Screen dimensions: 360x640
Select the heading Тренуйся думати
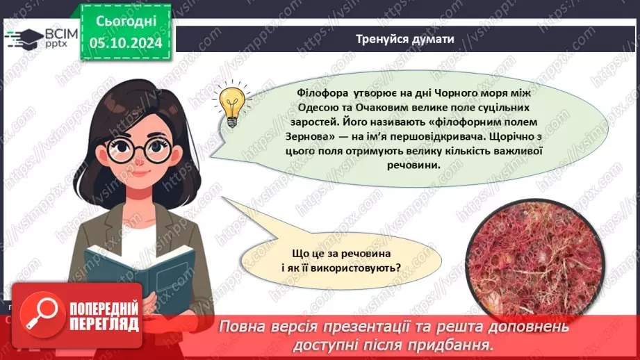point(405,39)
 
